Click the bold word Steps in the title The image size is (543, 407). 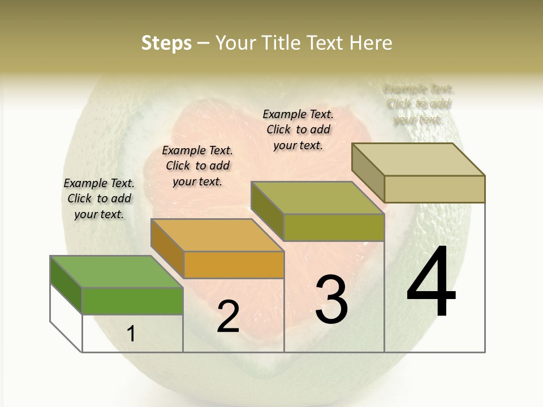[166, 43]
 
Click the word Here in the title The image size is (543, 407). [371, 43]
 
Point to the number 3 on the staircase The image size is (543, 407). [331, 299]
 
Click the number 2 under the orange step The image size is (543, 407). [228, 317]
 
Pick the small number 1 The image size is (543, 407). [131, 334]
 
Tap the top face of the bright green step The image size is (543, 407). [116, 272]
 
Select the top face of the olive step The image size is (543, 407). [317, 198]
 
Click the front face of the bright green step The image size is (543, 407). [132, 301]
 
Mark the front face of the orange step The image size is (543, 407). [234, 265]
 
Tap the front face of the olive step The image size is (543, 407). [334, 227]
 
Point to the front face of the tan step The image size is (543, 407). [434, 189]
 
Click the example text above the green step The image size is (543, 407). [99, 198]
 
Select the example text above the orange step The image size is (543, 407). [197, 166]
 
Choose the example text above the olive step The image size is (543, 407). [298, 129]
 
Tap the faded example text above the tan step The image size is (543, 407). [419, 105]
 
